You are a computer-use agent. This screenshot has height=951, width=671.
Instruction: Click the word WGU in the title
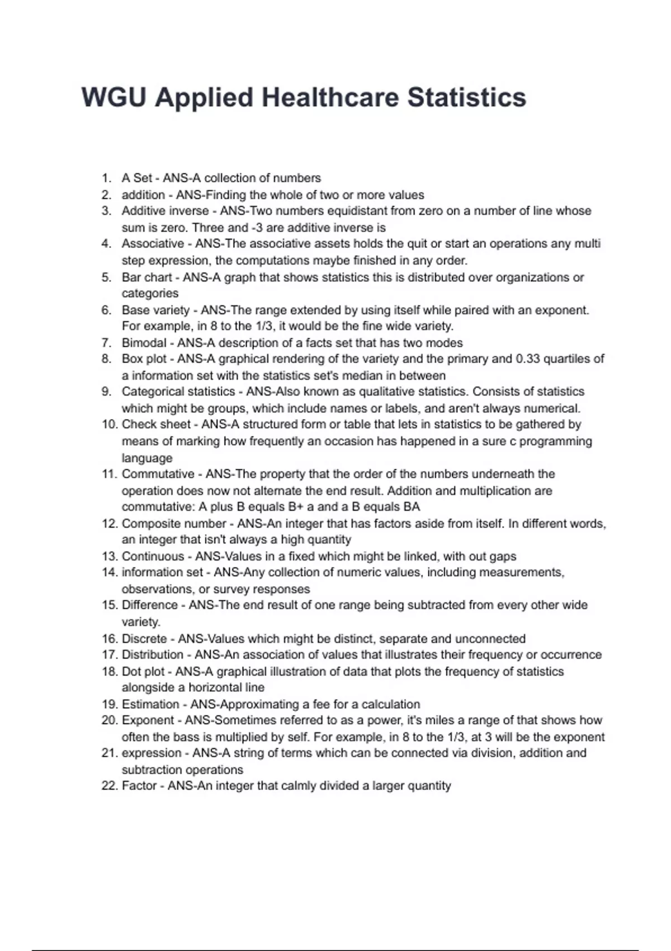point(114,97)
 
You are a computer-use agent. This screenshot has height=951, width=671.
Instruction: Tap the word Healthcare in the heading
point(330,97)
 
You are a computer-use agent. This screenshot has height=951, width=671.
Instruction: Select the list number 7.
point(107,343)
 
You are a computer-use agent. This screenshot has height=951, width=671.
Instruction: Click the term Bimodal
point(144,343)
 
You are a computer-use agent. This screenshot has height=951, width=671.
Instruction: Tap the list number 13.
point(109,556)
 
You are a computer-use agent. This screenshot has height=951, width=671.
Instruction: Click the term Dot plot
point(143,671)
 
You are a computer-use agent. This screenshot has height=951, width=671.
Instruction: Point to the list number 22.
point(109,786)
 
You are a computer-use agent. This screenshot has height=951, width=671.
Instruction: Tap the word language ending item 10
point(147,458)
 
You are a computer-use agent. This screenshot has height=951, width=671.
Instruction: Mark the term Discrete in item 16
point(144,639)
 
